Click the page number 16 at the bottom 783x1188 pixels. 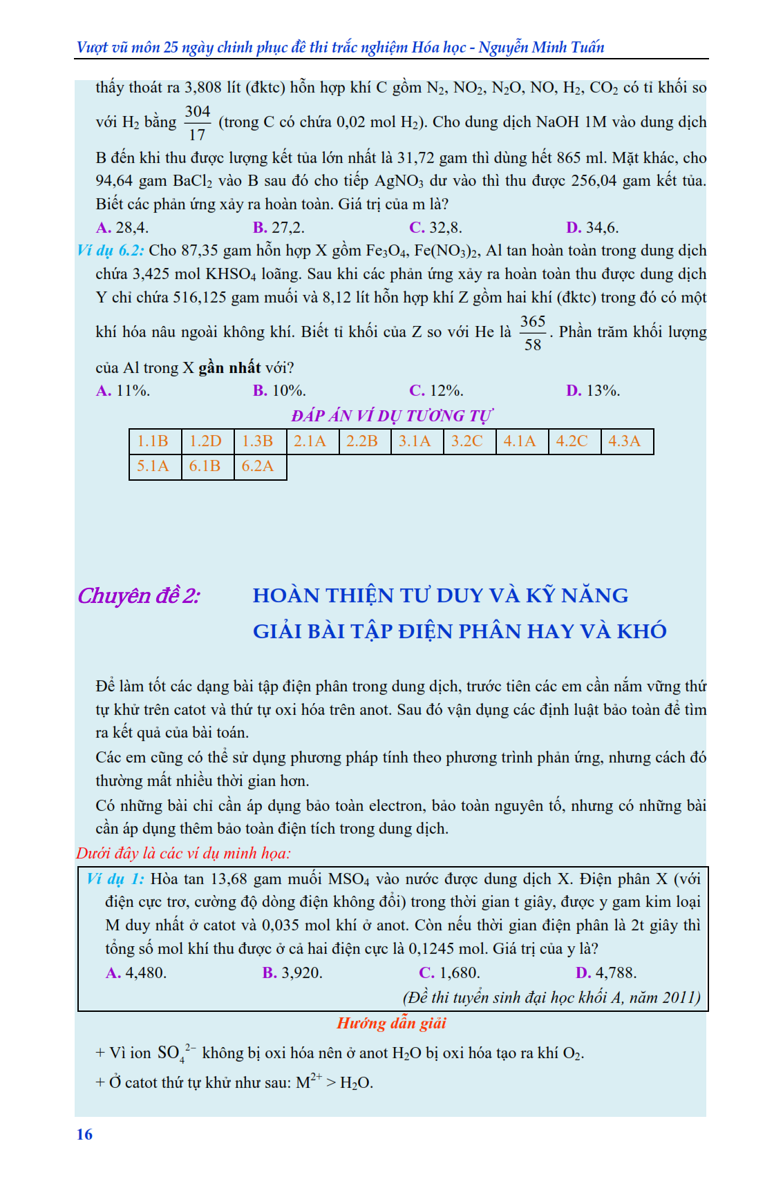[84, 1134]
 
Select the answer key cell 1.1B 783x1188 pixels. [153, 441]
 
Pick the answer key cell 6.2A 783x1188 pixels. [258, 466]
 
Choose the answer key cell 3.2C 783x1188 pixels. [467, 441]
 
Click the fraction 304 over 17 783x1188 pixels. [198, 123]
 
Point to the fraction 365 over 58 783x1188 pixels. [533, 333]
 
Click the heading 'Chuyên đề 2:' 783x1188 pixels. [139, 595]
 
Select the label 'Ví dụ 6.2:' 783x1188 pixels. [111, 250]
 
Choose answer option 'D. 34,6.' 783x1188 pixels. [592, 227]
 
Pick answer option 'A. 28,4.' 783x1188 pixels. [122, 227]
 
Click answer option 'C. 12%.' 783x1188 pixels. [436, 390]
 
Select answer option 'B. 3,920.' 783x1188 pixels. [292, 973]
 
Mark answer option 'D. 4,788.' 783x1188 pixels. [606, 973]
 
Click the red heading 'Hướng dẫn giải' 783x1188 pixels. [392, 1023]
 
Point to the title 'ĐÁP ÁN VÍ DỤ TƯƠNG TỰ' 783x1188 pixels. [392, 416]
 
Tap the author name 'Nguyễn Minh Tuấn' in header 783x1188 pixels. [542, 47]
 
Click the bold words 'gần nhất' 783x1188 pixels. [229, 367]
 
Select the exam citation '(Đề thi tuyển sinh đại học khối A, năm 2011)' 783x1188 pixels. [551, 997]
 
